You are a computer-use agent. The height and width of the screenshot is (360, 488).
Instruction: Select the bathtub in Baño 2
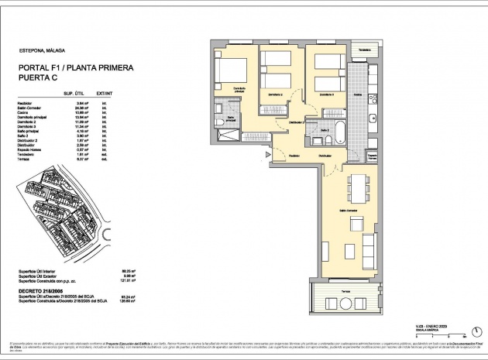(340, 132)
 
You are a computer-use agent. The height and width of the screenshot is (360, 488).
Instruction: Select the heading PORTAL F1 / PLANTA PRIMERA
(76, 68)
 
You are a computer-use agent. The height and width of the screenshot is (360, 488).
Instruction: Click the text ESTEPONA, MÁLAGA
(43, 50)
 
